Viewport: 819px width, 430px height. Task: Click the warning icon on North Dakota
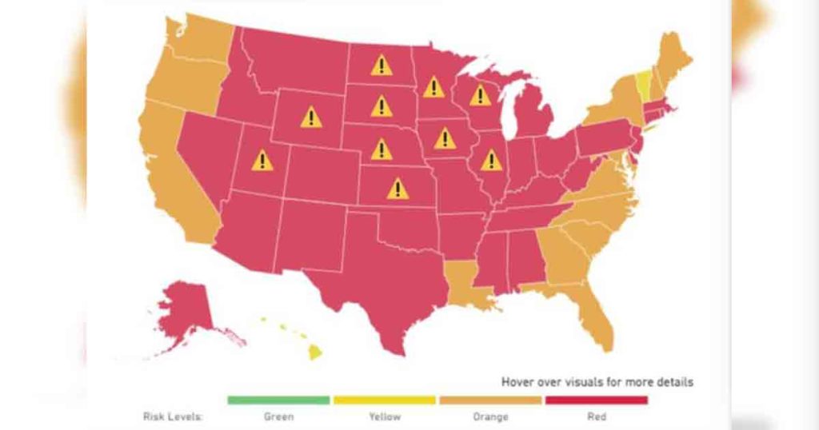tap(382, 65)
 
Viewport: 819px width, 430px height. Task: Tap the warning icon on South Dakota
tap(382, 106)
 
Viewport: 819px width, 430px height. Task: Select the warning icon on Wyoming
tap(311, 118)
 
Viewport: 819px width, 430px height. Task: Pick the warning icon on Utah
tap(262, 161)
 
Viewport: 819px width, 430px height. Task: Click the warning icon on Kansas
tap(398, 189)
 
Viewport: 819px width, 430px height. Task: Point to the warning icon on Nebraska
tap(382, 149)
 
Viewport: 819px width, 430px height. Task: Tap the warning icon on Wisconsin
tap(480, 96)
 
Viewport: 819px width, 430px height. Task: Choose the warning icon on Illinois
tap(491, 161)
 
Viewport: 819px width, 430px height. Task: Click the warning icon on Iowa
tap(445, 139)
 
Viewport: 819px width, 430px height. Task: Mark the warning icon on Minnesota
tap(434, 86)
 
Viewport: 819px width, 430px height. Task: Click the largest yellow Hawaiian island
tap(314, 352)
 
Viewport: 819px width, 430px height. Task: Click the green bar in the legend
tap(278, 400)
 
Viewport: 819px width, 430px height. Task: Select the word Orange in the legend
tap(489, 416)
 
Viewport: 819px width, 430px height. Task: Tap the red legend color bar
tap(596, 400)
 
